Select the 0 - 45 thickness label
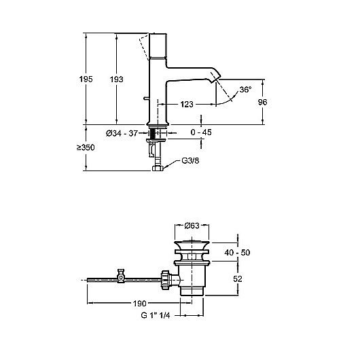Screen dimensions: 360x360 tap(200, 133)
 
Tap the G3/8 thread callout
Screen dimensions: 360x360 tap(191, 160)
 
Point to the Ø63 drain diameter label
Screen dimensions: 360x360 tap(193, 227)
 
